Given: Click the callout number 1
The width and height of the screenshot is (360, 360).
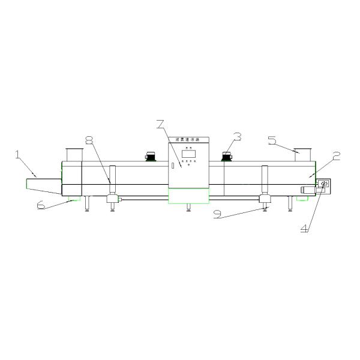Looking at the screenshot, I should pos(19,155).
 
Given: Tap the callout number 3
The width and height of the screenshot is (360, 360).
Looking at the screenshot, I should pos(238,137).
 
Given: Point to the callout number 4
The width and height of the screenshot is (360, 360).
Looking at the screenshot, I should pos(304,228).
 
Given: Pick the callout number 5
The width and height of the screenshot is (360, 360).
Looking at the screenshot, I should pos(272,140).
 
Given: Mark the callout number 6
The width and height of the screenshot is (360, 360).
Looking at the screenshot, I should pos(41,205).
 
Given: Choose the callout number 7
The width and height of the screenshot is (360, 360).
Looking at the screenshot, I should pos(159,125).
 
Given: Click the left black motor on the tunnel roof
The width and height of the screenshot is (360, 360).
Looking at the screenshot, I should pos(150,157).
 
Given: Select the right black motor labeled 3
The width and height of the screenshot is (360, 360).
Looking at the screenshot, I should pos(227,157).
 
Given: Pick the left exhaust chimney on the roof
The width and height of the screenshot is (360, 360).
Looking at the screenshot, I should pos(73,154).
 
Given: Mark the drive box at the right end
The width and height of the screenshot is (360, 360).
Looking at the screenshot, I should pos(324,185).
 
